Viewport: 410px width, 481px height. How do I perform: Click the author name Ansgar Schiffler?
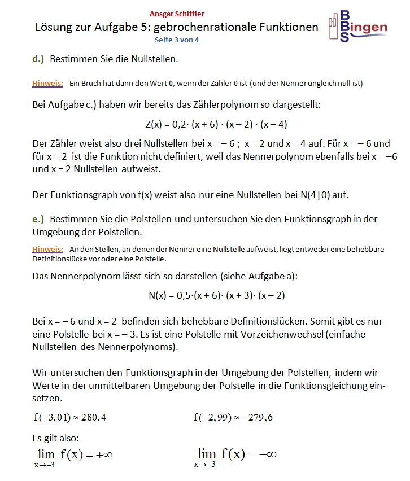pos(177,14)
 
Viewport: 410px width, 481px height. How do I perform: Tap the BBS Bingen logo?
pos(358,26)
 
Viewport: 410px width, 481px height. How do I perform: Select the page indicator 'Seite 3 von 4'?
pos(177,40)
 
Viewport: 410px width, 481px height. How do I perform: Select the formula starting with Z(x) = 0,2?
pos(216,124)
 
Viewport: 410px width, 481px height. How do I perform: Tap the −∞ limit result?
pos(263,454)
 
